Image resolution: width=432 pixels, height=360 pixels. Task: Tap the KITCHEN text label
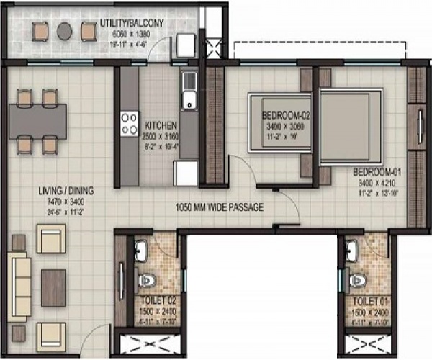click(158, 123)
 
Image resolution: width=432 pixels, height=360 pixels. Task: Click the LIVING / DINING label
click(67, 192)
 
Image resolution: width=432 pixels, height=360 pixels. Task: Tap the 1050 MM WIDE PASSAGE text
click(220, 207)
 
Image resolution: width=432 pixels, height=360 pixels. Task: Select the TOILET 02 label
click(158, 298)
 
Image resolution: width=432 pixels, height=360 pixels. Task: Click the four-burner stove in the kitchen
click(129, 124)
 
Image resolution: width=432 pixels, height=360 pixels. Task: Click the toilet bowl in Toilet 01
click(356, 277)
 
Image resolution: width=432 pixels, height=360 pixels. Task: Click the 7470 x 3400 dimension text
click(67, 202)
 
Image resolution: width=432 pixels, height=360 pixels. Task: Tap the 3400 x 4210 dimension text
click(371, 183)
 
